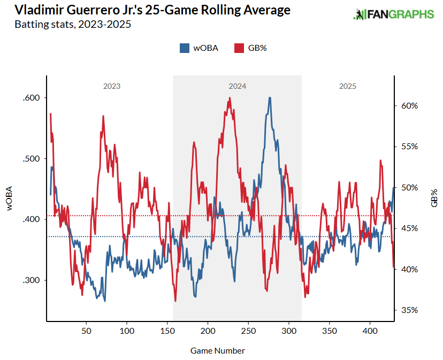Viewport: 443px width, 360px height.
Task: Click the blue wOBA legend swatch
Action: (184, 48)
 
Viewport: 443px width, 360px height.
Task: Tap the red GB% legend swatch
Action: (239, 48)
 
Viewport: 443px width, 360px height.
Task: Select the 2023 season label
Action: (111, 86)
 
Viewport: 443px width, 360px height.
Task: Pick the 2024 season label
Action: (237, 86)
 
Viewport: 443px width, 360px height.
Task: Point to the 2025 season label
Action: (347, 86)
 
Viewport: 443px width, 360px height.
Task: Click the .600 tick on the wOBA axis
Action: (32, 98)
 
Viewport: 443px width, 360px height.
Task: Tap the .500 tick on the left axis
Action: (32, 159)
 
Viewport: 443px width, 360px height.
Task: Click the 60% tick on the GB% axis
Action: (409, 106)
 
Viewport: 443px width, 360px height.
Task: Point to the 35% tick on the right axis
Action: (409, 310)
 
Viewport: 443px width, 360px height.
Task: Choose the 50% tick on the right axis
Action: (409, 188)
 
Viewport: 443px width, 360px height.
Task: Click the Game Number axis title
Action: (218, 351)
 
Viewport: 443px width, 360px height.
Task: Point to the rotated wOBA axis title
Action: (10, 200)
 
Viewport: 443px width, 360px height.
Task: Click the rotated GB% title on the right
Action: (434, 198)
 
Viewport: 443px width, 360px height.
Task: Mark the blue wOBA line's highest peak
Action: (270, 98)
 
